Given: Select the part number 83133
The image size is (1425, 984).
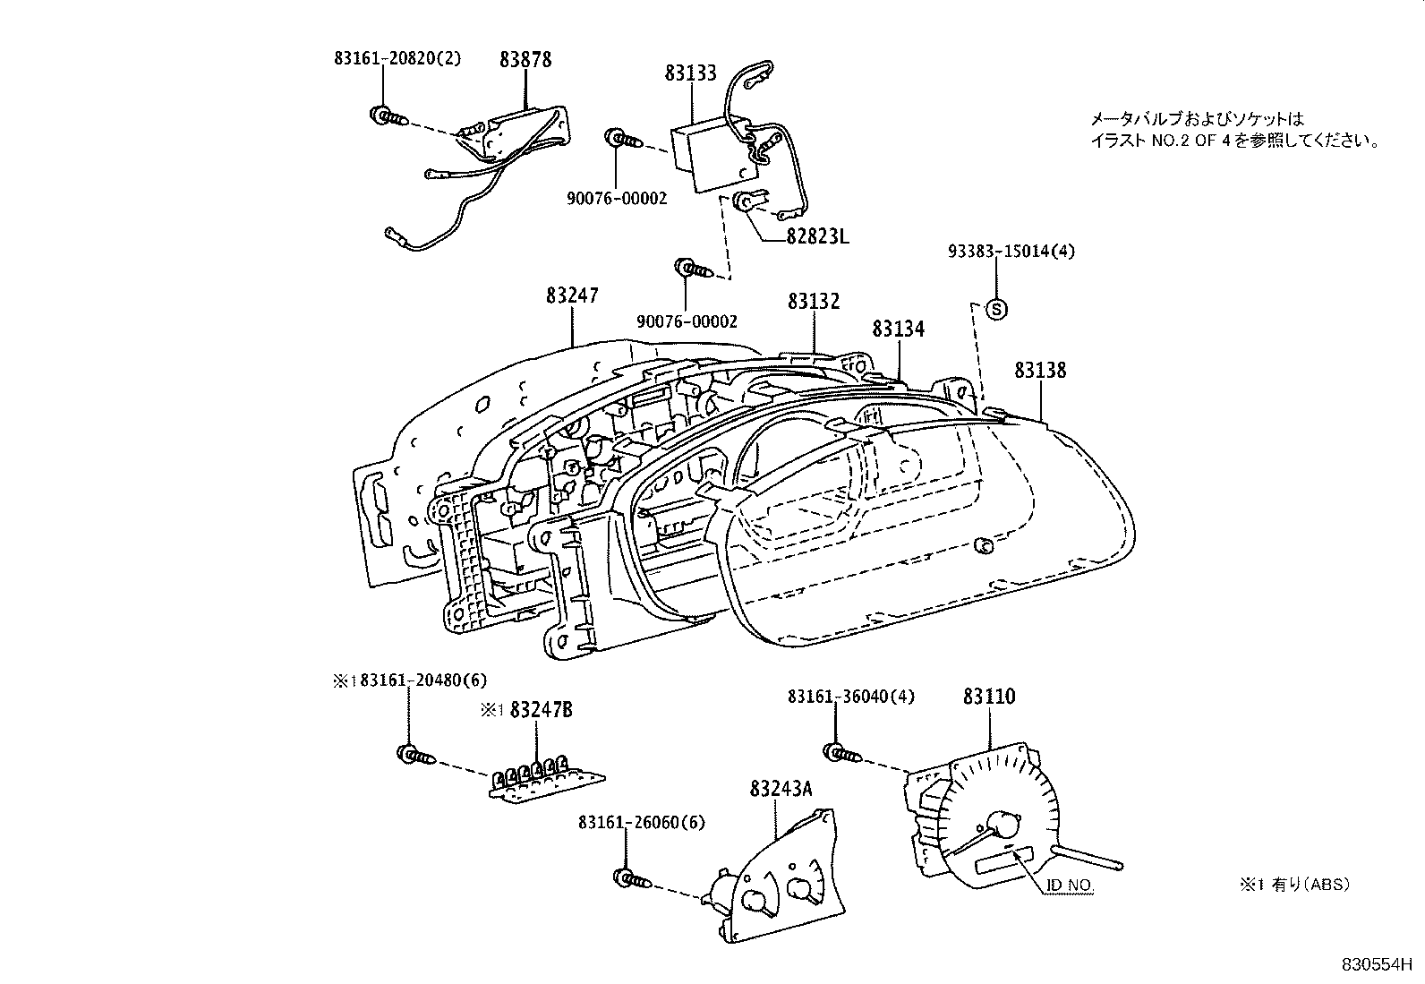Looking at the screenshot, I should pos(690,73).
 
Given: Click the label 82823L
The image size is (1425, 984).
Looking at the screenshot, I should pos(817,236).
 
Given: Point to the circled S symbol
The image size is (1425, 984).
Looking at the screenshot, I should pos(996,309).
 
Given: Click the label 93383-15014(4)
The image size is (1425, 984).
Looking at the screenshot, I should pos(1011,252).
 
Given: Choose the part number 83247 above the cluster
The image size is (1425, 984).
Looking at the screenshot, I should pos(572,295).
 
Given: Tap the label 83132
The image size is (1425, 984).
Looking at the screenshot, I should pos(814,302).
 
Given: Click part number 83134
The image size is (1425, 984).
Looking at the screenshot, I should pos(898,329).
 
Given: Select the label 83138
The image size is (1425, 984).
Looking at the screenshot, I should pos(1040,370).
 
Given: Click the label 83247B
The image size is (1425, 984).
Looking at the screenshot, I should pos(541,710).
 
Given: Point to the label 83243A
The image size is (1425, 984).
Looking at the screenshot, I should pos(781,789).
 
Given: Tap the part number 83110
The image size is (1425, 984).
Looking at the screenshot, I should pos(989,697).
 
